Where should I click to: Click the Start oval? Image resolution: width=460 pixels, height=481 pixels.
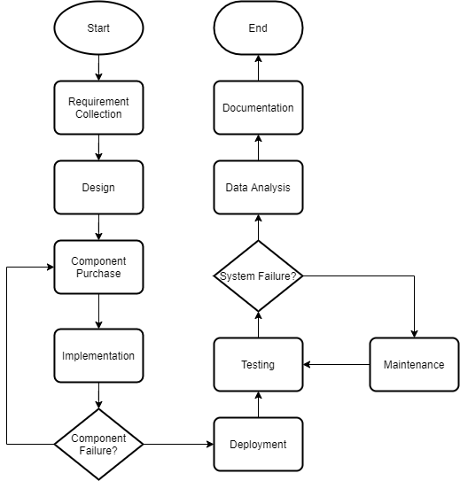pos(98,28)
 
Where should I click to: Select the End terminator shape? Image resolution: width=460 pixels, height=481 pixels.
pos(258,28)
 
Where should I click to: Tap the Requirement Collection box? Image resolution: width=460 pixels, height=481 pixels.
pos(98,108)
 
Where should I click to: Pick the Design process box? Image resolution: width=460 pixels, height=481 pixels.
pos(98,188)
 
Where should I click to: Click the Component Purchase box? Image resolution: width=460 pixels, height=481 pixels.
pos(98,268)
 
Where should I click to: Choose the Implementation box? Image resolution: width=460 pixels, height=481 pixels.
pos(98,355)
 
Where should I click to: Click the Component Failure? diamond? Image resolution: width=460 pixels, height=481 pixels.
pos(98,444)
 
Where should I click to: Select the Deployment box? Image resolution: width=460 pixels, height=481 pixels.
pos(258,444)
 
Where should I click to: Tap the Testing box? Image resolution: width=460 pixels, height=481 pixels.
pos(258,364)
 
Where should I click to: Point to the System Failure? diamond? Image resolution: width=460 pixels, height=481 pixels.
pos(258,276)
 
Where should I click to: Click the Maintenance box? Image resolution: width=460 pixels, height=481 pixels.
pos(414,364)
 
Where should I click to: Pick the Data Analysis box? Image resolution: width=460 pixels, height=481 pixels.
pos(258,188)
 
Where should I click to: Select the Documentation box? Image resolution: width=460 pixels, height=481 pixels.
pos(258,108)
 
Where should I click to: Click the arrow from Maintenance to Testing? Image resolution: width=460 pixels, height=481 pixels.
pos(336,364)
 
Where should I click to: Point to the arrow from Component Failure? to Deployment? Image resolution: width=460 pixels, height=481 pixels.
pos(178,444)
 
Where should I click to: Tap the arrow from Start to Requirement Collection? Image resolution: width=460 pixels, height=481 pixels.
pos(98,68)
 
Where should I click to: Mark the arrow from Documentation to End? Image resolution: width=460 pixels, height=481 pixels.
pos(258,68)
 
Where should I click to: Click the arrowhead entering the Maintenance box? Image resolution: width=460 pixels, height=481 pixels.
pos(414,334)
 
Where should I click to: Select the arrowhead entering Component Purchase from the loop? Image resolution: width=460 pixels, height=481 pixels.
pos(51,268)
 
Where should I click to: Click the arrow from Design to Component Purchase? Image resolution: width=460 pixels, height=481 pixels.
pos(98,228)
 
